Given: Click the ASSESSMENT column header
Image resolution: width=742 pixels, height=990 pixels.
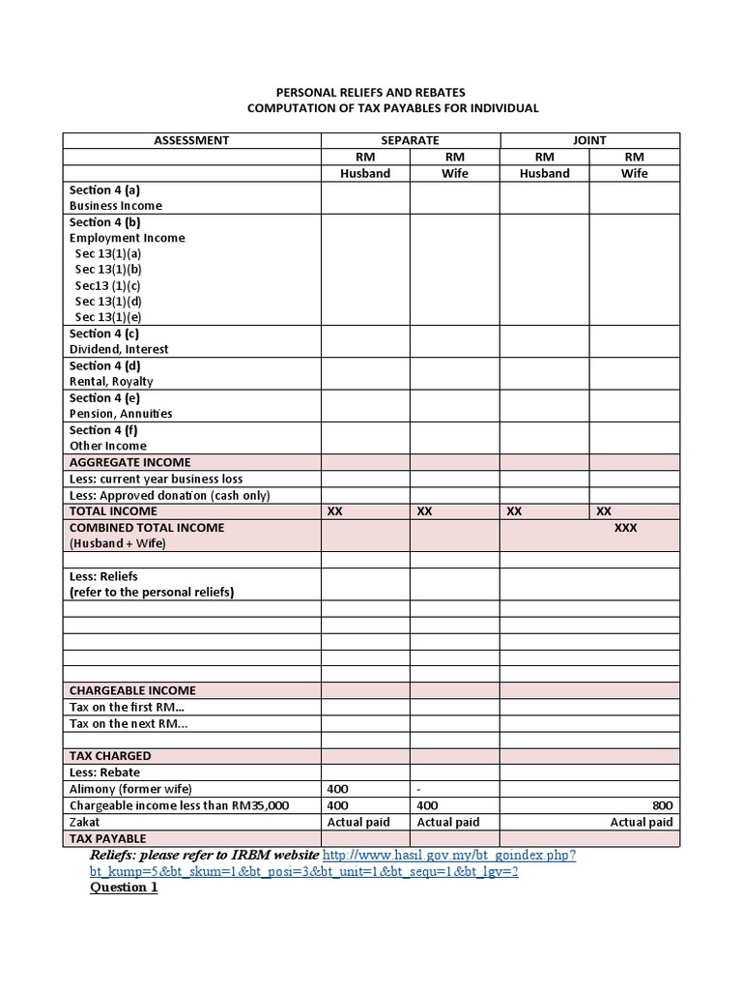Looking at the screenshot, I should [x=191, y=140].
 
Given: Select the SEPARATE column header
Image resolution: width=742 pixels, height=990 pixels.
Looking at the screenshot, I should [x=410, y=140].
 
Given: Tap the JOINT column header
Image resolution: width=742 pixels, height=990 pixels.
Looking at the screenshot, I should [x=589, y=140].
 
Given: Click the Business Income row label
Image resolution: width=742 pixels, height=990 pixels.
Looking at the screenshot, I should [x=115, y=205].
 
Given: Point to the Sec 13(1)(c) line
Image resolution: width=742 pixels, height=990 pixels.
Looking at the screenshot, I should [x=107, y=285].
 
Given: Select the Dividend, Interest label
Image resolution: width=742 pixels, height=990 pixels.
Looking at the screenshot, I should [x=118, y=349].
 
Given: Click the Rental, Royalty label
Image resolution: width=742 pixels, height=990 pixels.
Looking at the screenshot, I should [x=111, y=381].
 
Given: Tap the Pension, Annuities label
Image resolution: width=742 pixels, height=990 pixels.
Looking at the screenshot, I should [x=121, y=413].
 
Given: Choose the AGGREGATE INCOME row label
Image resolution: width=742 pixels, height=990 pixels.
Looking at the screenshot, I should [x=129, y=462].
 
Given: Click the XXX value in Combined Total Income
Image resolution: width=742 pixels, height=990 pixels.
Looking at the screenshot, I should [x=625, y=528].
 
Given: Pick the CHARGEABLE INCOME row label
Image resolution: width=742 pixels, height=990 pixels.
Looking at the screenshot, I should [x=132, y=690].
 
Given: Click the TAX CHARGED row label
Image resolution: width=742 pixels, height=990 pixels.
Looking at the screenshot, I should [x=110, y=755].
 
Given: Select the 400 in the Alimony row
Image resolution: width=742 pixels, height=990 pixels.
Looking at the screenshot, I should [x=338, y=789].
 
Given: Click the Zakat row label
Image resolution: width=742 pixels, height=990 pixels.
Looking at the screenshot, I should [x=84, y=822].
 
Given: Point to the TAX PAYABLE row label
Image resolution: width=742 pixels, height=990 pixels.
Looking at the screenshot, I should [x=107, y=838].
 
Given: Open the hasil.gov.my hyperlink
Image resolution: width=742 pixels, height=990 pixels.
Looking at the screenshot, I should [x=449, y=856].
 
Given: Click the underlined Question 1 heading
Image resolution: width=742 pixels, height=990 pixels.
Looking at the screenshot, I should [x=124, y=888].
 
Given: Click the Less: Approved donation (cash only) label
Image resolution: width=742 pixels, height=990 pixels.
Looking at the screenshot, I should [x=169, y=495].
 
